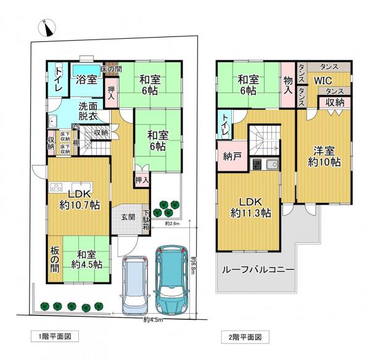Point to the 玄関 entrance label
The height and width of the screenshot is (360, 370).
[x=128, y=216]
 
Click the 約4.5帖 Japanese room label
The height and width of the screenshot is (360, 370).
[x=86, y=260]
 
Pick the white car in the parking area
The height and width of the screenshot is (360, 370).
[x=135, y=284]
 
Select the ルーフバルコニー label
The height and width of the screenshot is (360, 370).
[x=255, y=270]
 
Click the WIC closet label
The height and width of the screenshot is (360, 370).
[x=323, y=81]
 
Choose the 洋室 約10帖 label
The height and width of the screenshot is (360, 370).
[x=325, y=157]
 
